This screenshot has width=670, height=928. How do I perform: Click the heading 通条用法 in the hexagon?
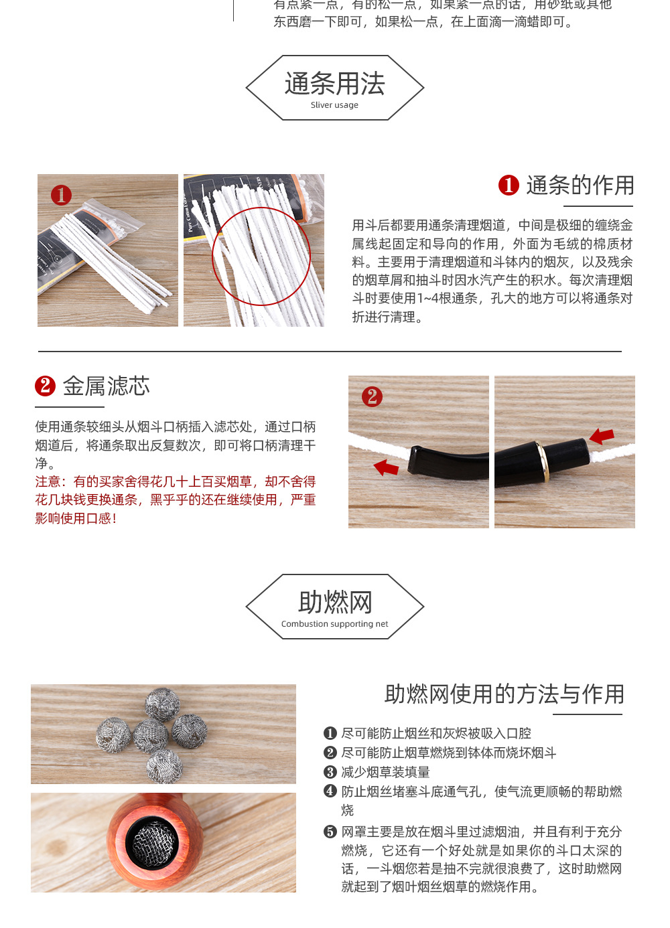pos(334,84)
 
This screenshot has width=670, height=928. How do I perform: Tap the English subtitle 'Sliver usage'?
pos(334,105)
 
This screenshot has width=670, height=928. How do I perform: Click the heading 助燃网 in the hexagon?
pos(334,603)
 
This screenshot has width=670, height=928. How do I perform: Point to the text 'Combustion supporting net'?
pos(334,624)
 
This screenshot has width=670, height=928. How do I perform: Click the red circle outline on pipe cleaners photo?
pos(261,256)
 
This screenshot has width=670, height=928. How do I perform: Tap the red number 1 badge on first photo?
pos(61,195)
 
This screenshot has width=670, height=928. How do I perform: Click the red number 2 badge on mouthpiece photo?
pos(372,396)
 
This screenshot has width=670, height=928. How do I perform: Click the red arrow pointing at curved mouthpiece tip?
pos(386,467)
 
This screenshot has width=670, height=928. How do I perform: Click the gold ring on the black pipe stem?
pos(543,461)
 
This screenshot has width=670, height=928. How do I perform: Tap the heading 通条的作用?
pos(580,185)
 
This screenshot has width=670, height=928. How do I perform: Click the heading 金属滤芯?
pos(106,386)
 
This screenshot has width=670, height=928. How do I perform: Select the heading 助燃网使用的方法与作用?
pos(504,694)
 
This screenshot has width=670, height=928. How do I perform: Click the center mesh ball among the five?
pos(151,736)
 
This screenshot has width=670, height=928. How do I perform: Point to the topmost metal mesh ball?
pos(162,704)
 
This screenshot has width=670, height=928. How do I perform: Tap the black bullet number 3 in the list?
pos(330,772)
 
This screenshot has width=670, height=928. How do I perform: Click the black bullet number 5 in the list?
pos(330,832)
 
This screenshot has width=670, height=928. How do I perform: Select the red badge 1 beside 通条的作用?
pos(509,185)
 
